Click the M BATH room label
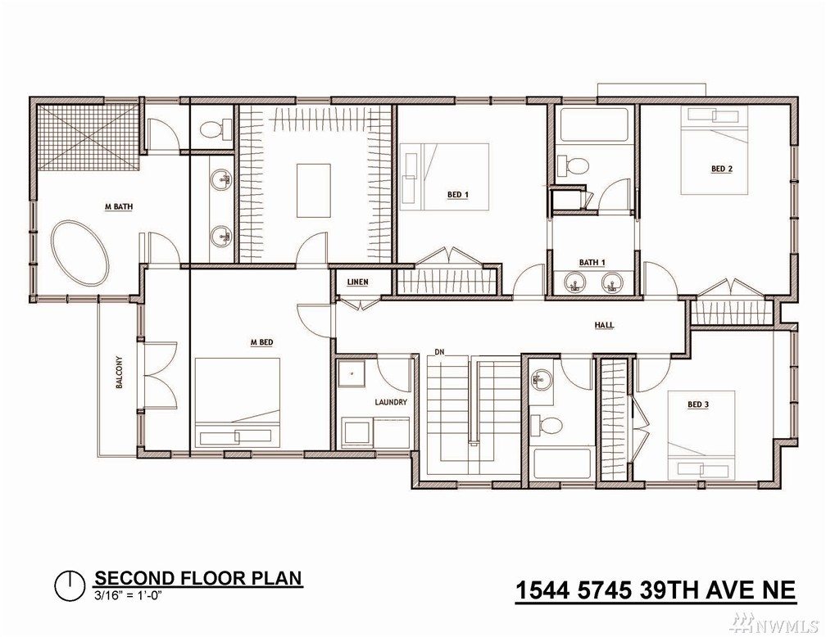click(x=119, y=207)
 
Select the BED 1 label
click(x=458, y=195)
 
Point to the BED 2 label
click(x=722, y=169)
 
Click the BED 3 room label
click(x=698, y=404)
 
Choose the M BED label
click(x=261, y=343)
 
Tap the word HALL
click(x=604, y=325)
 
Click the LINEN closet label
click(x=357, y=282)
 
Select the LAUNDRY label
click(x=391, y=402)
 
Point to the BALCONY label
click(x=120, y=373)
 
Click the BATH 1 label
click(x=592, y=262)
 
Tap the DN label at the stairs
click(x=440, y=352)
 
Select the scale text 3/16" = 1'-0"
click(x=127, y=596)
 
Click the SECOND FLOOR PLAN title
click(x=198, y=578)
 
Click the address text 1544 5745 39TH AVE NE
click(x=655, y=590)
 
